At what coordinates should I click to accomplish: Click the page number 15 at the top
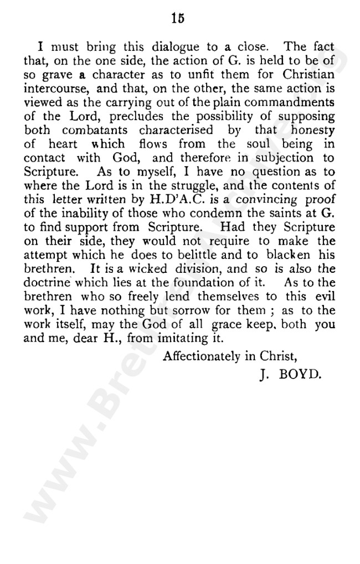pos(177,18)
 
